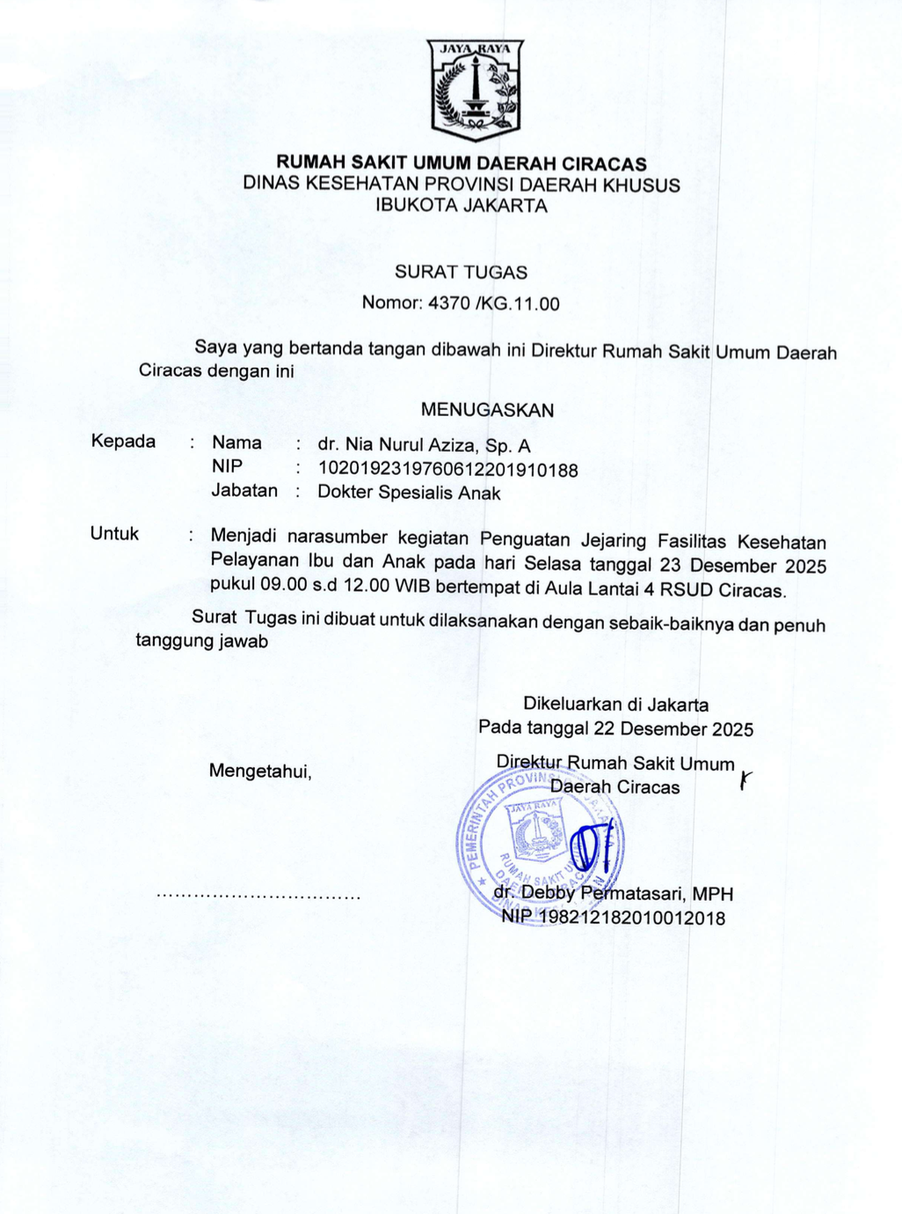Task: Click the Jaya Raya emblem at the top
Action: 475,90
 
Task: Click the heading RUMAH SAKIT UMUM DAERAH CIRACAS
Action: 462,164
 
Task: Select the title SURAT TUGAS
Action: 461,272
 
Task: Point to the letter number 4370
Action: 448,304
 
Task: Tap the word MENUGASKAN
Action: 487,410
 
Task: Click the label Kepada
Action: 123,442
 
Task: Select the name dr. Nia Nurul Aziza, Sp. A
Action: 424,446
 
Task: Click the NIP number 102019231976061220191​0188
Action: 447,470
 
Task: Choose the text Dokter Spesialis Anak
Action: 409,494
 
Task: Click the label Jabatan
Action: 244,491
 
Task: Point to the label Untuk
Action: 114,534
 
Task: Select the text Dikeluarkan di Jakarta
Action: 615,705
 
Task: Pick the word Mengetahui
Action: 260,772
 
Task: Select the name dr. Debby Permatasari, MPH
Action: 614,895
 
